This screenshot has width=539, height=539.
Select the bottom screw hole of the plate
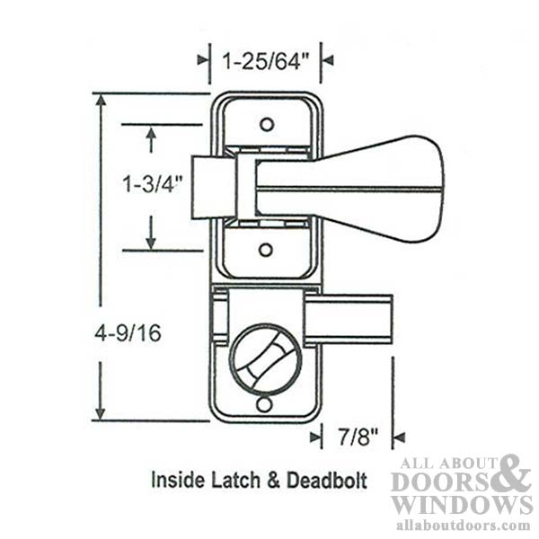pos(264,405)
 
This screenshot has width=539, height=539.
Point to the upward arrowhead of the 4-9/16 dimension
pos(100,102)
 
